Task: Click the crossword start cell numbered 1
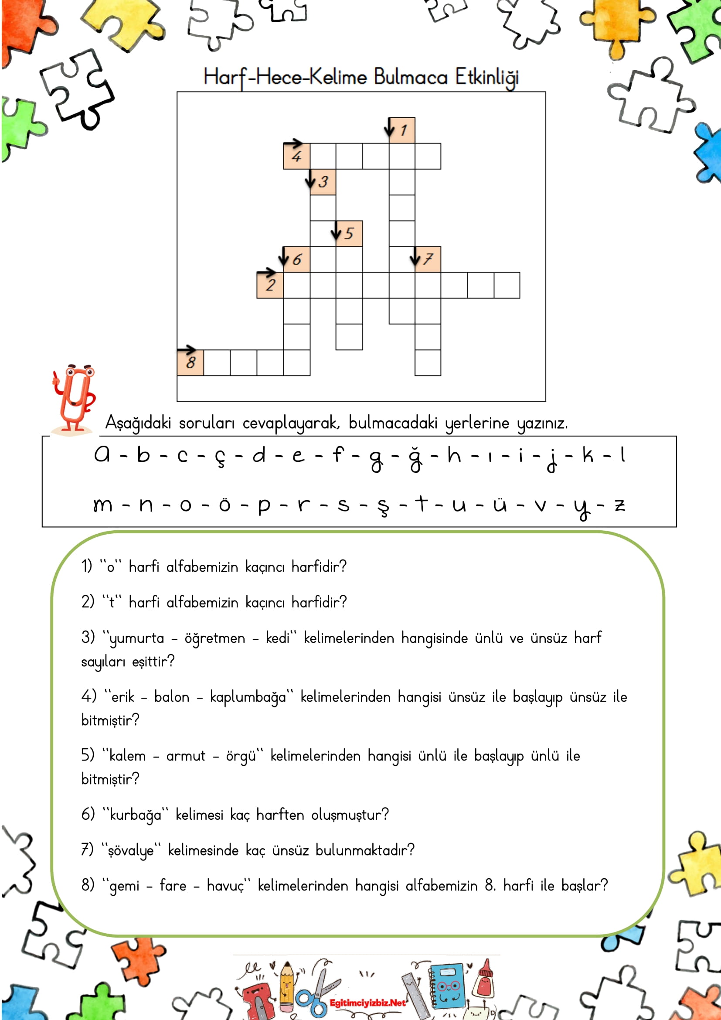pos(402,130)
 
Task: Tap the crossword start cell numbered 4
pos(296,156)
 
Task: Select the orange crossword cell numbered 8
pos(190,362)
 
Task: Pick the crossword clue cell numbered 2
pos(270,285)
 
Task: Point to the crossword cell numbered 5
pos(349,233)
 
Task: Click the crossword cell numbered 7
pos(428,259)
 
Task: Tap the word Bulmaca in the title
pos(410,77)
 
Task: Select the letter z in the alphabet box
pos(620,505)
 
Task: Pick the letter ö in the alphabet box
pos(224,504)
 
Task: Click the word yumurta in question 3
pos(136,639)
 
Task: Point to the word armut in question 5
pos(186,756)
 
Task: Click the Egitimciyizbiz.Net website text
pos(367,1003)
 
